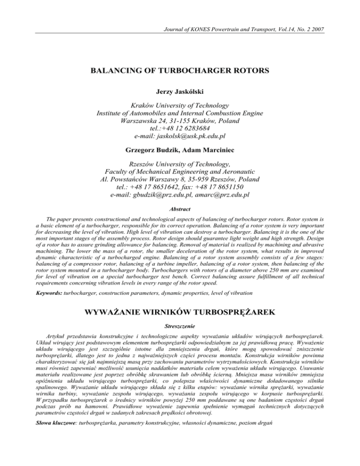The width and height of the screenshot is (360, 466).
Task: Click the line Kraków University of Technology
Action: tap(180, 111)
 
